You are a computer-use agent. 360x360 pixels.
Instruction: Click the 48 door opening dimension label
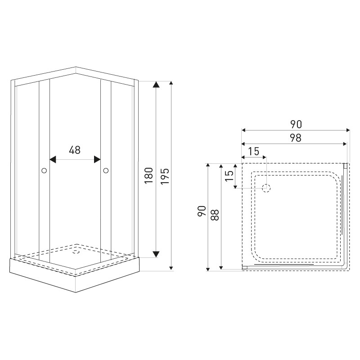[75, 150]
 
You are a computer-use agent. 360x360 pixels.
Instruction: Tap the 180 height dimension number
[149, 175]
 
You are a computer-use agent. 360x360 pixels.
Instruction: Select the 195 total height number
[165, 176]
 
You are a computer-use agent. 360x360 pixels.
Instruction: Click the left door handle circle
[44, 171]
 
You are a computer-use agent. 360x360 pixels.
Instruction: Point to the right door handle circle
[106, 171]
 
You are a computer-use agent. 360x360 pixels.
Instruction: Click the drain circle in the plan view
[266, 188]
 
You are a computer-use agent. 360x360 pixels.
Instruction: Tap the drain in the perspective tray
[76, 252]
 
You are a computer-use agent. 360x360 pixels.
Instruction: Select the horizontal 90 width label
[296, 124]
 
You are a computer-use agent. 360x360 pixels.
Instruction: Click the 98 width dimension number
[296, 138]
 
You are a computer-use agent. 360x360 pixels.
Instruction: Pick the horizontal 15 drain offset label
[254, 151]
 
